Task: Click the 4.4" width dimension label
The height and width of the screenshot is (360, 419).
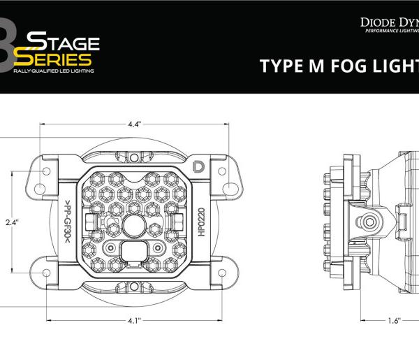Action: (135, 124)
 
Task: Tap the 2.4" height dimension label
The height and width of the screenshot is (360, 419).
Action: (10, 222)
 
